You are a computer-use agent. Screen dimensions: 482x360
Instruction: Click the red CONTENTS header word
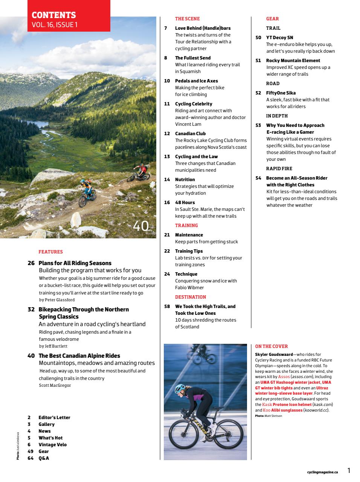(54, 15)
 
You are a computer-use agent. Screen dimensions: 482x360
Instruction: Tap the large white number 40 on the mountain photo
(141, 226)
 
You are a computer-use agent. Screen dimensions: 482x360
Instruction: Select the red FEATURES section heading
(50, 252)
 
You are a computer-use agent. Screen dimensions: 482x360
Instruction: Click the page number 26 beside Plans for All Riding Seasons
(31, 263)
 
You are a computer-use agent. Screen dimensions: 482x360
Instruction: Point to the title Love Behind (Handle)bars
(203, 28)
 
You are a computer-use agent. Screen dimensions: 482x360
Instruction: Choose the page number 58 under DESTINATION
(167, 307)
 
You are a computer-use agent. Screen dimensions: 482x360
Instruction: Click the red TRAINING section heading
(186, 226)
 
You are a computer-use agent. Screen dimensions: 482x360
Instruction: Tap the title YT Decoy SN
(279, 38)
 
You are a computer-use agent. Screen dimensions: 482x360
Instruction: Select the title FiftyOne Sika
(281, 93)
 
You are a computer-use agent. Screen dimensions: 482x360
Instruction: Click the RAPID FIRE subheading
(279, 169)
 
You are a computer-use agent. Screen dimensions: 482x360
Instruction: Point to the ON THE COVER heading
(271, 346)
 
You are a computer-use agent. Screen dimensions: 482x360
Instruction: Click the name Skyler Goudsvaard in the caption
(274, 354)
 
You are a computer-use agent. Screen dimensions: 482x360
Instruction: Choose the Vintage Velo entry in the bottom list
(52, 445)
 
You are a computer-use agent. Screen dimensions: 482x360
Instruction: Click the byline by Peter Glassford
(57, 300)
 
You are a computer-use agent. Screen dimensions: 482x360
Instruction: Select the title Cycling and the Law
(196, 157)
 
